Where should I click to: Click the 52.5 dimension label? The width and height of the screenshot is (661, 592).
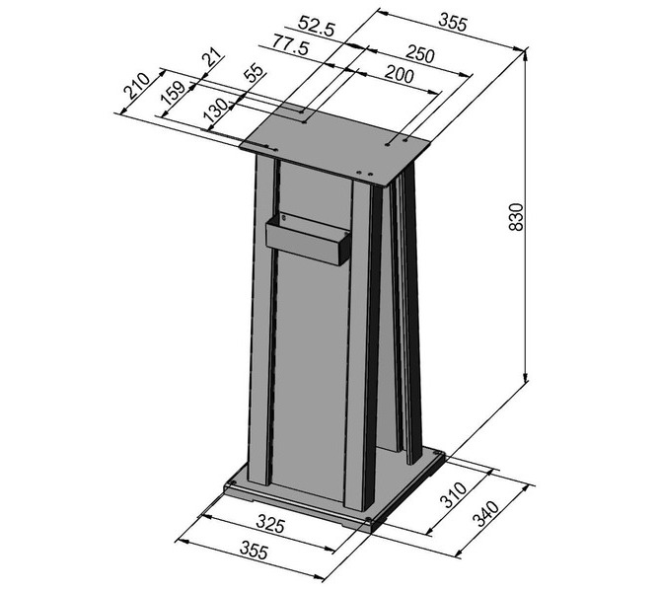[316, 26]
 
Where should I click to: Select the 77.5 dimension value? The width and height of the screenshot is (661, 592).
[290, 45]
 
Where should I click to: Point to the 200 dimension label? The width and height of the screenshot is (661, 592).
[399, 75]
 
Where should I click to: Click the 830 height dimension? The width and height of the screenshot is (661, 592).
[516, 217]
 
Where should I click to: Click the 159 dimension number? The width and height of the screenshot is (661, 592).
[174, 93]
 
